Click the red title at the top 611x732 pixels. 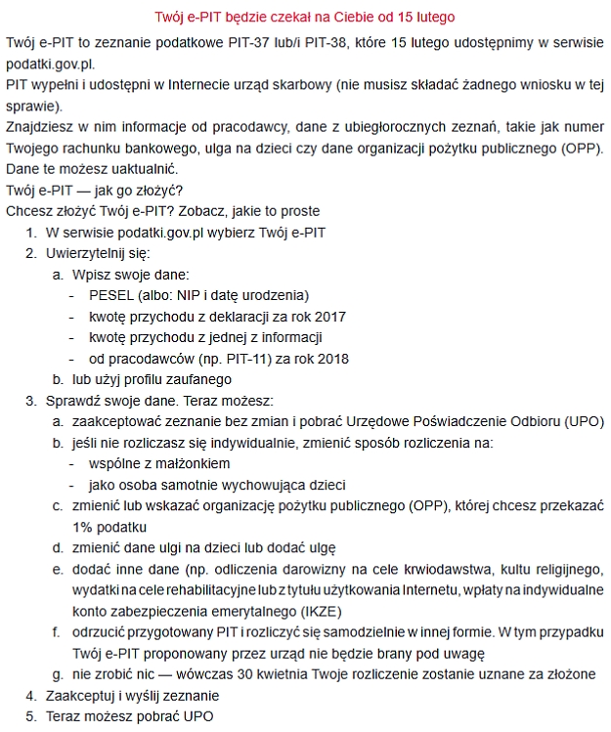tap(305, 18)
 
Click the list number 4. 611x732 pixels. tap(30, 696)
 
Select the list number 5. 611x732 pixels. tap(30, 716)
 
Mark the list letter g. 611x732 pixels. tap(58, 674)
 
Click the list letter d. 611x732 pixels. tap(58, 548)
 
